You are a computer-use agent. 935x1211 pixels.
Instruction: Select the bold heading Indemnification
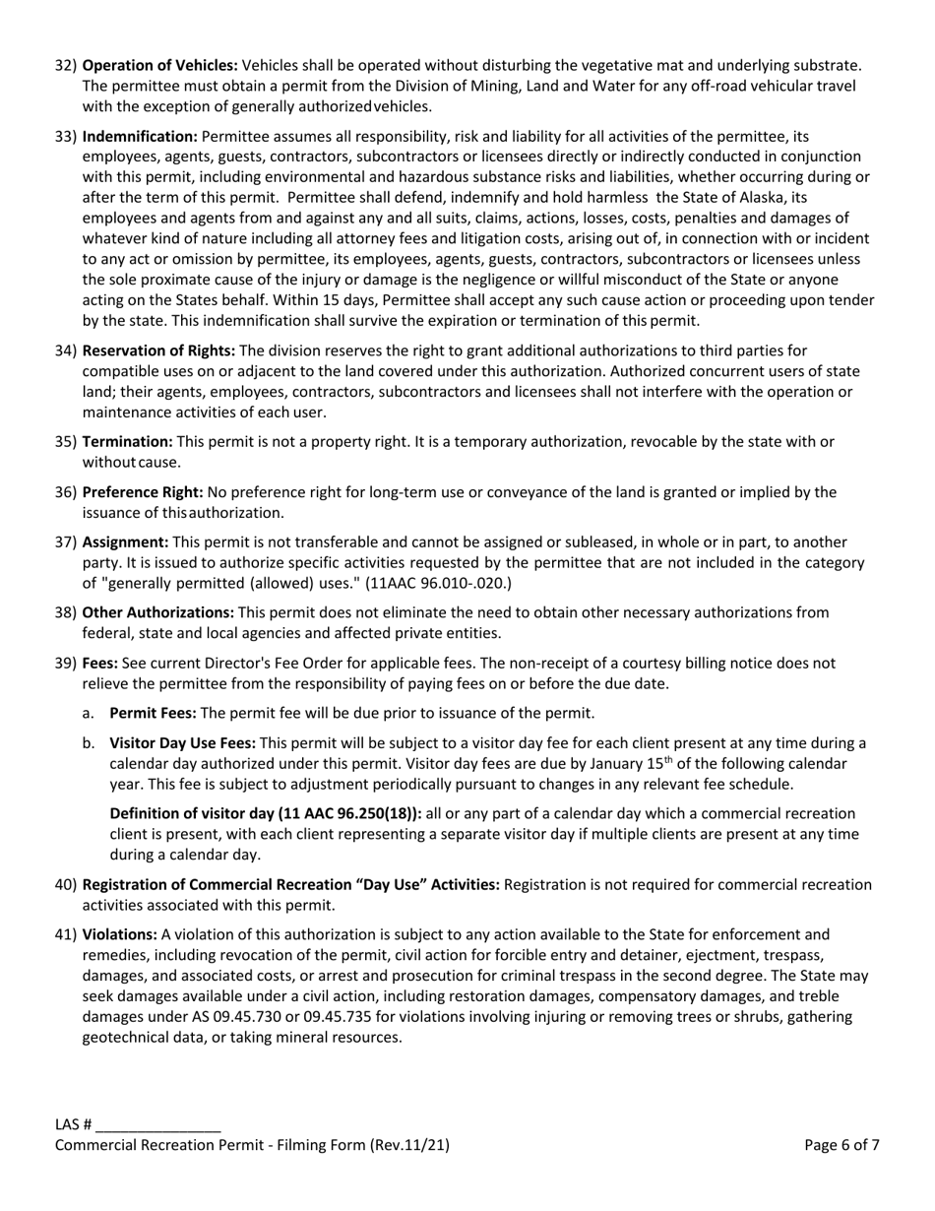coord(140,136)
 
